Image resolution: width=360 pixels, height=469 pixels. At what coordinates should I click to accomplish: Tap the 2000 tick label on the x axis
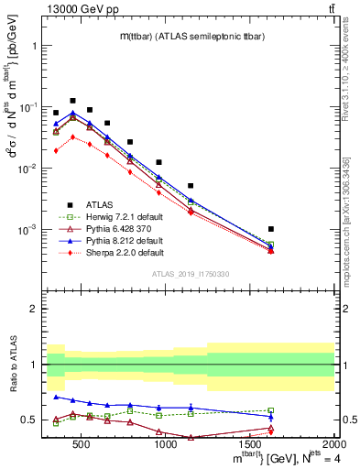pyautogui.click(x=333, y=444)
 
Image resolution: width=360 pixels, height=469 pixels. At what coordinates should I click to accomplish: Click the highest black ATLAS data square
pyautogui.click(x=72, y=101)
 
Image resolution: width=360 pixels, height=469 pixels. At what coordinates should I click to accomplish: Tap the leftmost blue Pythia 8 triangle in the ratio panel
pyautogui.click(x=56, y=397)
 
